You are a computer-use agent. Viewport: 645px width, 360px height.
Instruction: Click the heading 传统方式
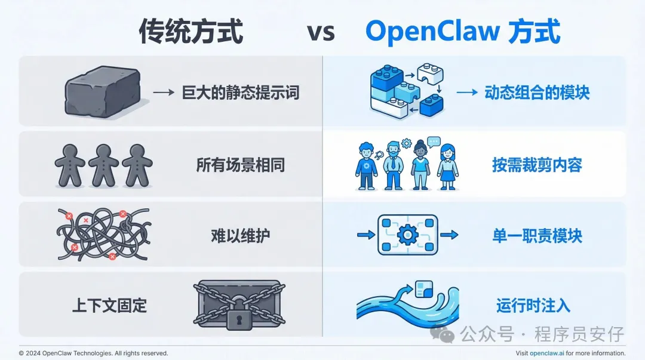point(191,31)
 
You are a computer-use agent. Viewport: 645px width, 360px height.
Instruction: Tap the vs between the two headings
point(321,32)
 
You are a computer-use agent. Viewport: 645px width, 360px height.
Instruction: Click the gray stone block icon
point(103,91)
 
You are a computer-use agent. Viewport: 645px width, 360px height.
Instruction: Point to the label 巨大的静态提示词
point(240,93)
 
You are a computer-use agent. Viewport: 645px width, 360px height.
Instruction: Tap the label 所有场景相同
point(241,165)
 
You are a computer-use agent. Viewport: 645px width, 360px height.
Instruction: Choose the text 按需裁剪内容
point(537,165)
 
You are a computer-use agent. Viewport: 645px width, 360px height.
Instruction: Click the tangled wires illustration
point(103,234)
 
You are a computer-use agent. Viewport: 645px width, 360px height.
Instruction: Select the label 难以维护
point(241,235)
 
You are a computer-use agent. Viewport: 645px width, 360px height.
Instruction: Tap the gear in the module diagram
point(407,235)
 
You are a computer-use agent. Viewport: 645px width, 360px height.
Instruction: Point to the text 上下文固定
point(109,306)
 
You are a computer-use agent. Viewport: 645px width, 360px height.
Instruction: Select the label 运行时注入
point(533,306)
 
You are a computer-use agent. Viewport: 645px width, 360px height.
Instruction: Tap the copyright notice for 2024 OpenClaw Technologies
point(94,353)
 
